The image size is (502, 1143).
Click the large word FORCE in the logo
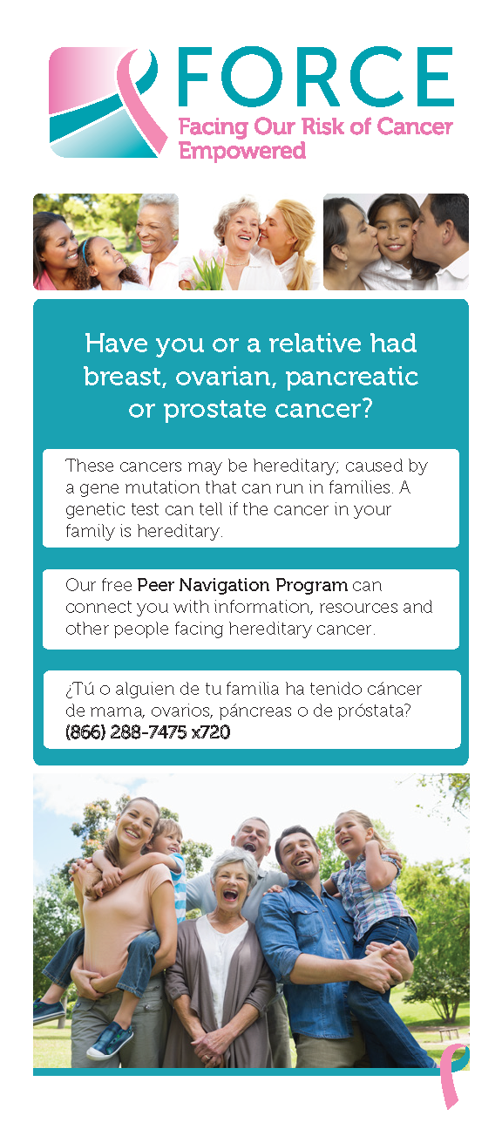coord(315,77)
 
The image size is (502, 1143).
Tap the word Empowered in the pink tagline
coord(242,151)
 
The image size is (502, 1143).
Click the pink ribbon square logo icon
coord(108,102)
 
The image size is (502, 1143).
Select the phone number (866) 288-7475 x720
coord(148,732)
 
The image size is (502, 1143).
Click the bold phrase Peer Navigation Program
coord(242,585)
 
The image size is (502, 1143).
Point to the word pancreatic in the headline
coord(352,378)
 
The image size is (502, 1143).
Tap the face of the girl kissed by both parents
coord(394,233)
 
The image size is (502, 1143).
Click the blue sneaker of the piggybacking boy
coord(110,1040)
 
